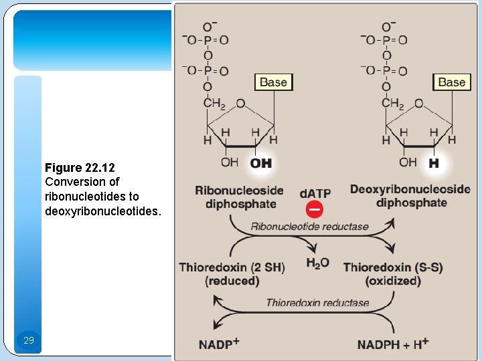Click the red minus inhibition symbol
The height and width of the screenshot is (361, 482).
[314, 209]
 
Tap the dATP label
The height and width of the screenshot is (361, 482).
[315, 193]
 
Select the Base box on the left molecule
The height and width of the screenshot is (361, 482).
[272, 82]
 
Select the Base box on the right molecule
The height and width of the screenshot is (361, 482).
[451, 82]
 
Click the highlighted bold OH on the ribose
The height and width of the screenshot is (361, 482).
[260, 163]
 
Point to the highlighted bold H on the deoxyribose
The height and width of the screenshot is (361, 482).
[434, 163]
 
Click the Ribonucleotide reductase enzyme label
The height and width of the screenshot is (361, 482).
[309, 227]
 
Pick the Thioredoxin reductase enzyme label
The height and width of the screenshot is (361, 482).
[317, 303]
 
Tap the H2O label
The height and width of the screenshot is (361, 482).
[317, 263]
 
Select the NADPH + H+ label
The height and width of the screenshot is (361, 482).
[393, 344]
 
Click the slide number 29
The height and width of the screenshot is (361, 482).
[28, 341]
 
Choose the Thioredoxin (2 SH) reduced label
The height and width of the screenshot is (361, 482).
[232, 274]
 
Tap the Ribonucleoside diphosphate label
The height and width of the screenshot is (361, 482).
[239, 197]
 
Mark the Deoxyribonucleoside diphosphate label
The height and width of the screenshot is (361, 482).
[410, 196]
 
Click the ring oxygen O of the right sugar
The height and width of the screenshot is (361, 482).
[418, 104]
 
